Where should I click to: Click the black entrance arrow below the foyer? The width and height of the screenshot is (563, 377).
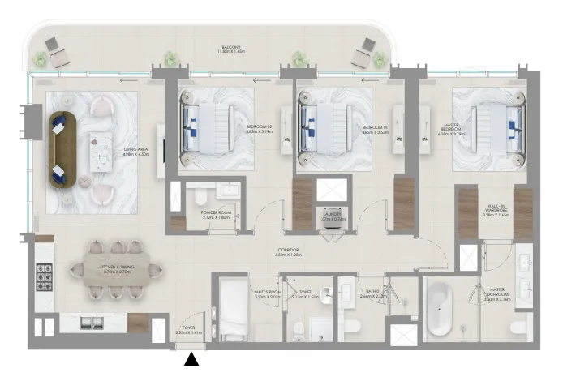point(191,359)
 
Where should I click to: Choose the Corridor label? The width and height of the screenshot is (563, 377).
point(287,252)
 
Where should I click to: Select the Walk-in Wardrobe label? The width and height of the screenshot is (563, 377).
point(495,213)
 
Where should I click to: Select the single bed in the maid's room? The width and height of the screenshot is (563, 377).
point(232,313)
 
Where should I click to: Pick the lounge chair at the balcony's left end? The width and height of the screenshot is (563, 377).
point(57,53)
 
